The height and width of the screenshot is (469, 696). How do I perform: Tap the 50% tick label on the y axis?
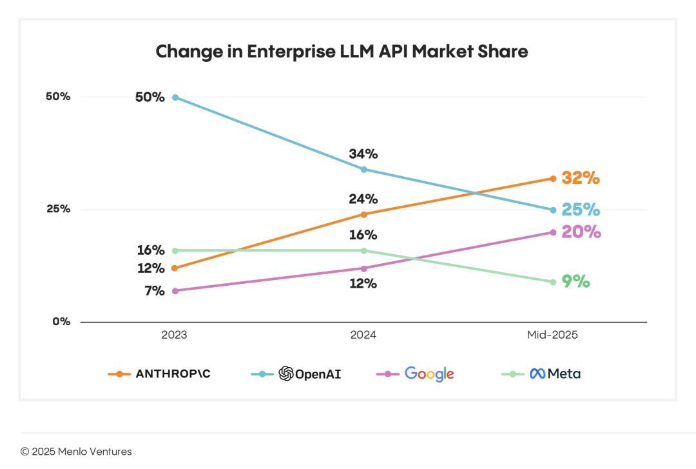[57, 97]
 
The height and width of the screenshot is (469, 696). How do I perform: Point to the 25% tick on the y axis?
[57, 209]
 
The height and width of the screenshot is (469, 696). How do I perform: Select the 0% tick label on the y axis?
[61, 321]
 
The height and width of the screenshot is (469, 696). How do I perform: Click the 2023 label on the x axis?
[175, 335]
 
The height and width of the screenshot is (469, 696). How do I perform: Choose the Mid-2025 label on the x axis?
[552, 335]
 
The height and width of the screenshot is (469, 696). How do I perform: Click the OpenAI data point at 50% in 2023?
[175, 97]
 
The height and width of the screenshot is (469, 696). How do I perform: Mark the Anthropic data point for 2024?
[363, 214]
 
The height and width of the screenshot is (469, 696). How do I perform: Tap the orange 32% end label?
[581, 178]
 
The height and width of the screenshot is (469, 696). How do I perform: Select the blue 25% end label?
[581, 210]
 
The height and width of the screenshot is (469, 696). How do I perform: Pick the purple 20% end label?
[581, 232]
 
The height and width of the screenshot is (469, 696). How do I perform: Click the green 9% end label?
[576, 282]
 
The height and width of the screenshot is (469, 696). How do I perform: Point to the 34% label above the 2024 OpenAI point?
[363, 154]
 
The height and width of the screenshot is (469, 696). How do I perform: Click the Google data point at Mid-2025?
[553, 232]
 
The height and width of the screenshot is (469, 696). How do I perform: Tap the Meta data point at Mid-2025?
[553, 282]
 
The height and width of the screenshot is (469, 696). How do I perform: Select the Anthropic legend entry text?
[173, 374]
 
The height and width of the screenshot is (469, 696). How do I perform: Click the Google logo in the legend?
[429, 374]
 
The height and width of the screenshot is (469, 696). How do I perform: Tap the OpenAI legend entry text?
[318, 374]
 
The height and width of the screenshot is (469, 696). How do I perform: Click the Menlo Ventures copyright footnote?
[76, 452]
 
